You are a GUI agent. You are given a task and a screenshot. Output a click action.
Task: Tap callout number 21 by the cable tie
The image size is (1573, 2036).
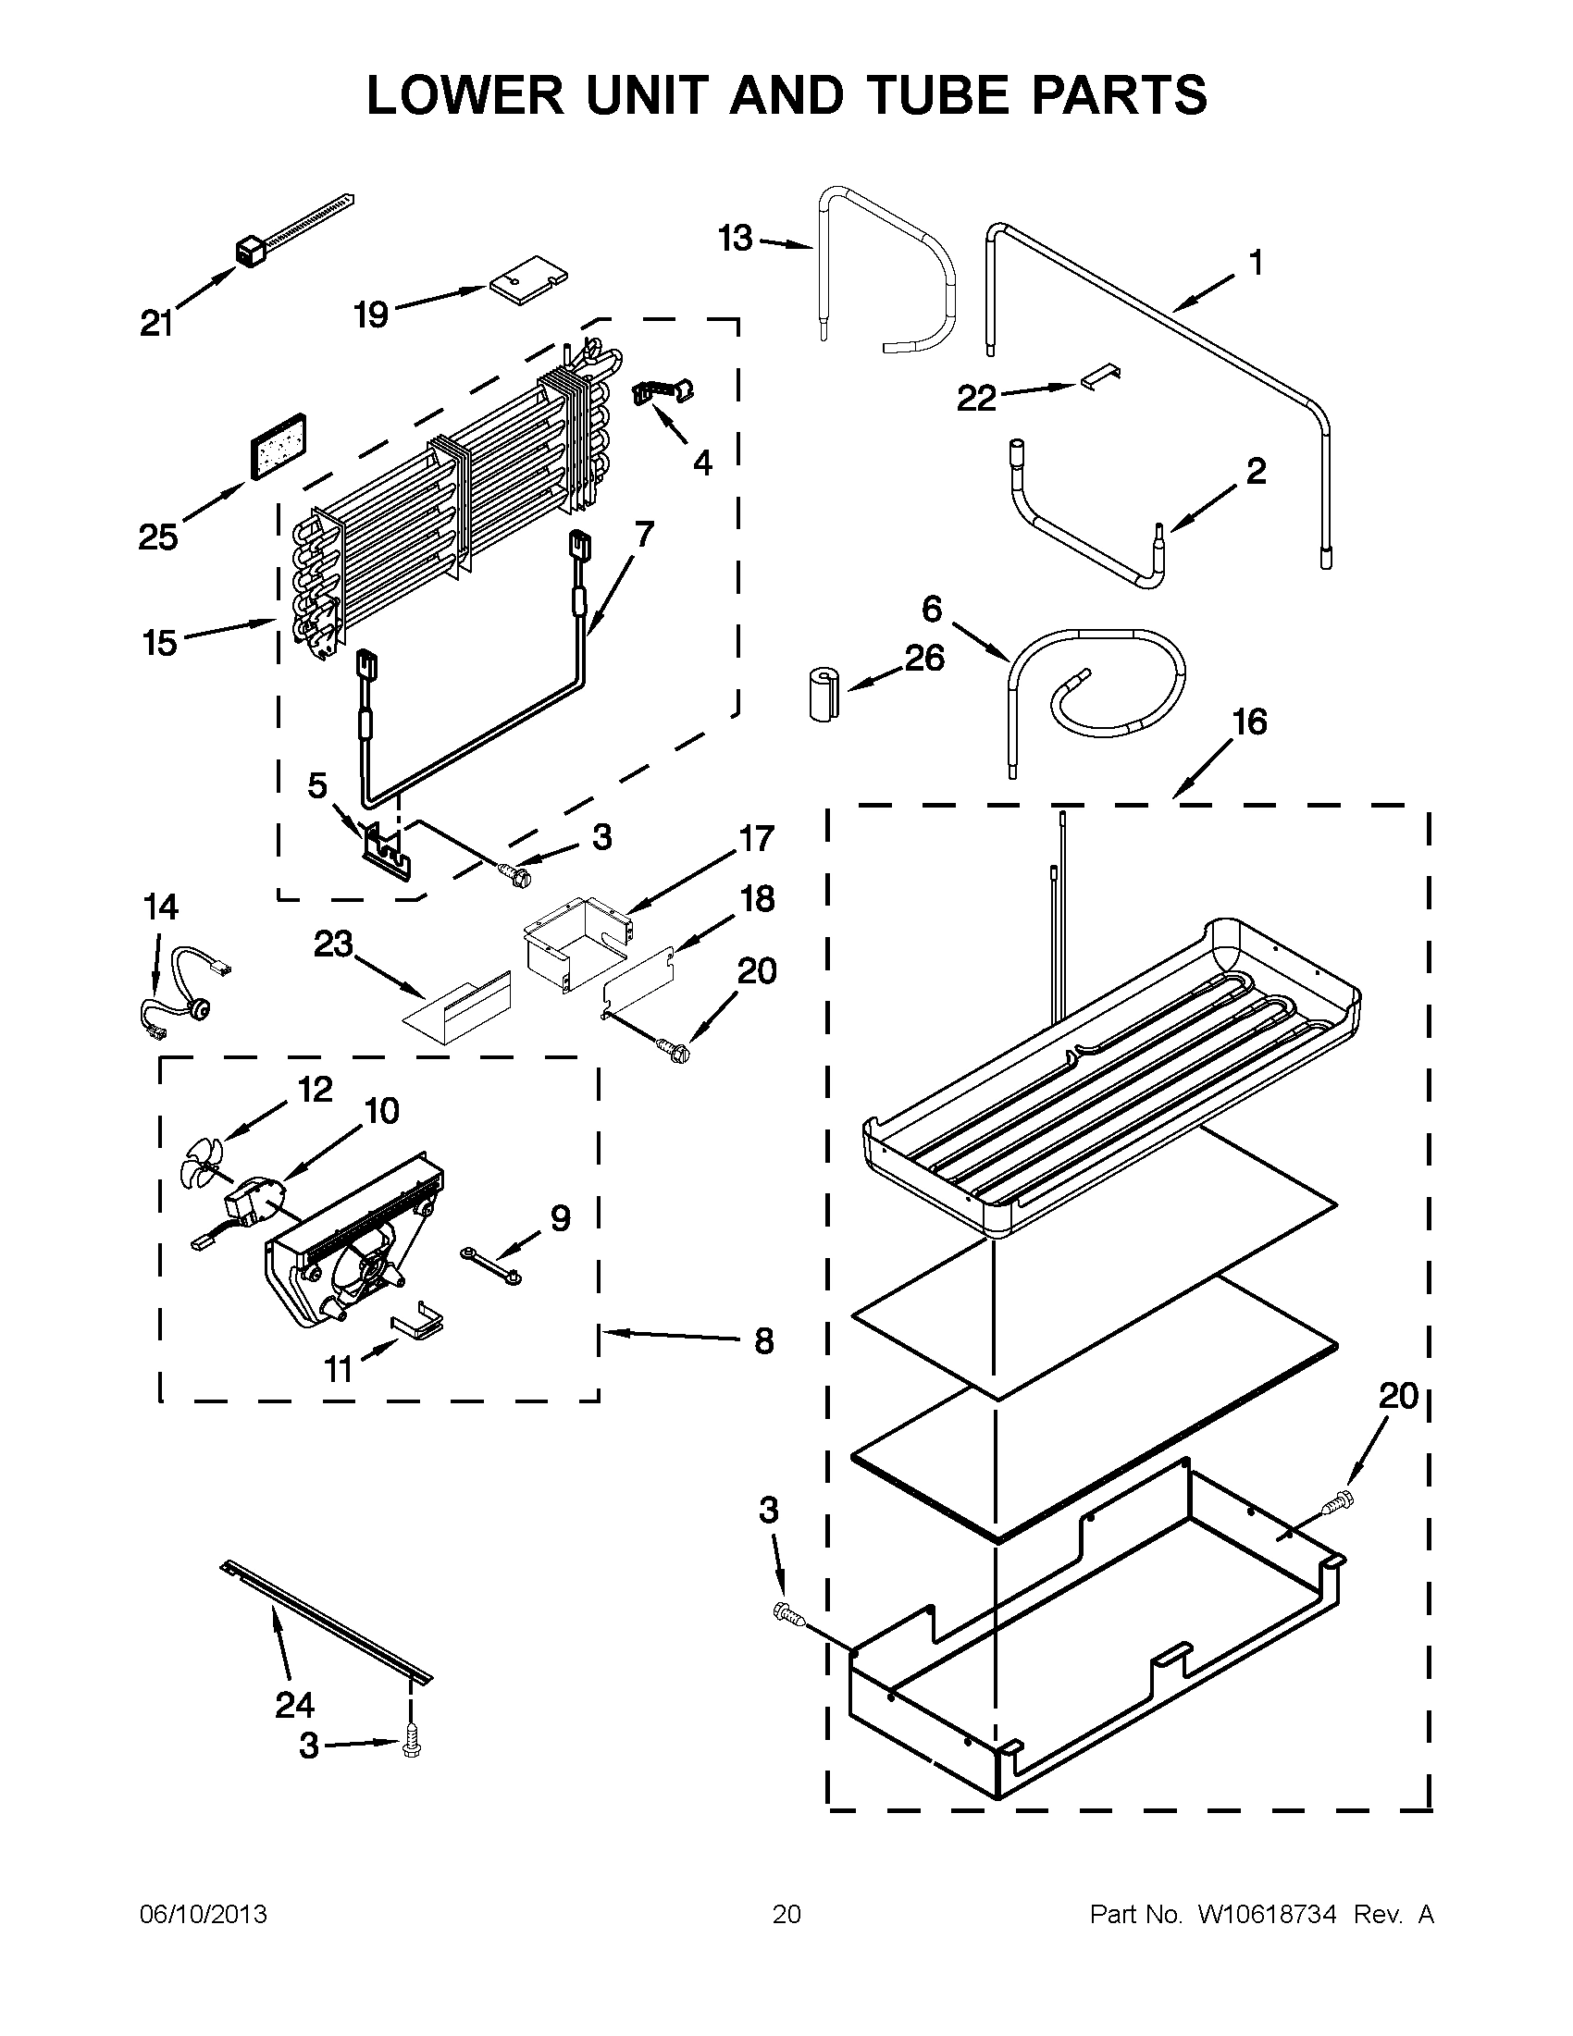click(155, 324)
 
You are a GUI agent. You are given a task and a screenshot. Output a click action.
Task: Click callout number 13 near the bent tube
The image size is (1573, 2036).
click(736, 239)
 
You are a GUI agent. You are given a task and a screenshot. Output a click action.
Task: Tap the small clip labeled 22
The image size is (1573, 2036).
click(1101, 376)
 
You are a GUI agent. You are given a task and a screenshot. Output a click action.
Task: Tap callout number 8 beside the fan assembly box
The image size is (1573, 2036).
click(763, 1341)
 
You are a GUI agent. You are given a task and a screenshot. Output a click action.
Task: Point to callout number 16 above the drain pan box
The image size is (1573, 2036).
click(1249, 722)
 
